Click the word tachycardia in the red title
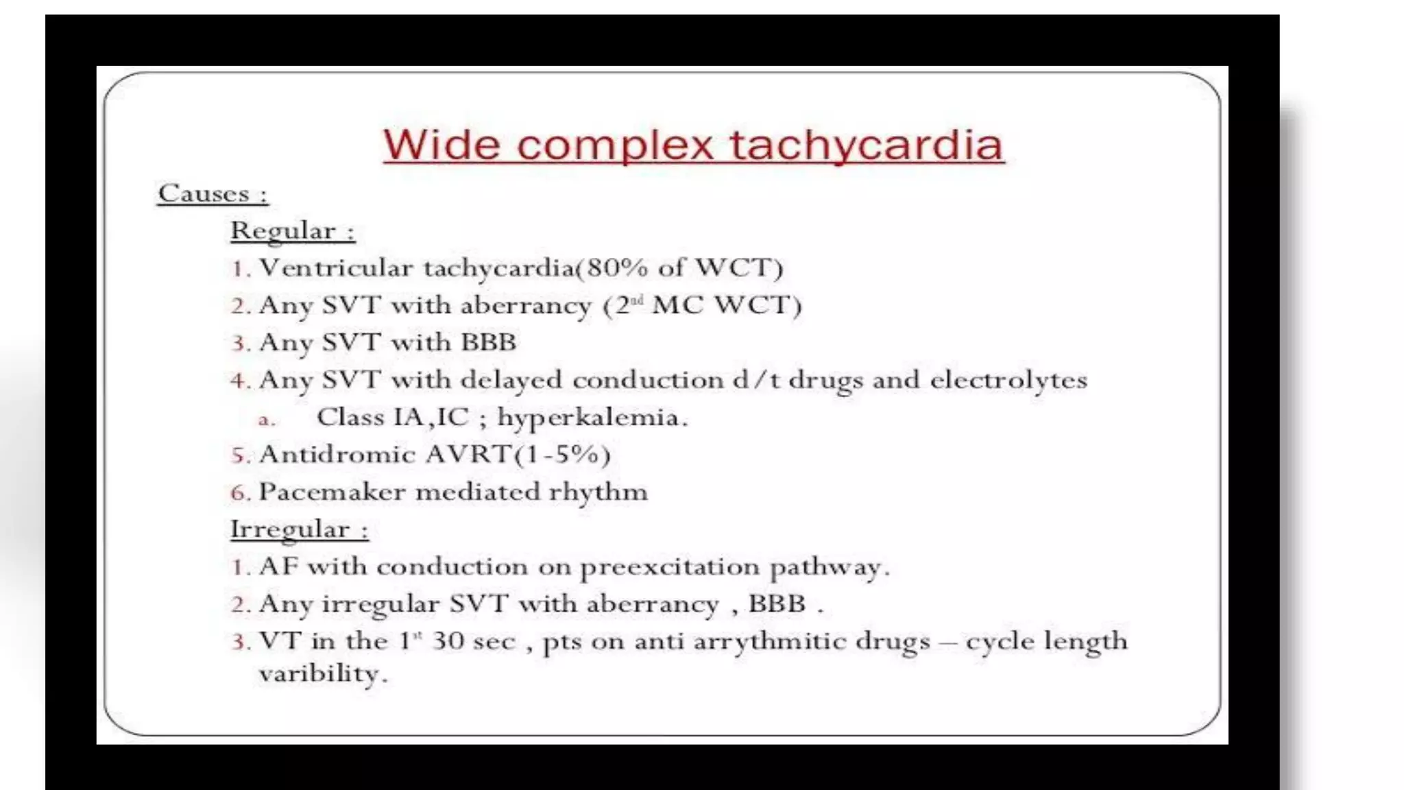tap(867, 145)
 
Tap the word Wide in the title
tap(441, 145)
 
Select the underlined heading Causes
tap(204, 193)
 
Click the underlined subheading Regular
tap(282, 231)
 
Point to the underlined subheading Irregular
tap(290, 529)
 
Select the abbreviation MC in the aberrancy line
tap(677, 305)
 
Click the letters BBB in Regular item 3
tap(488, 342)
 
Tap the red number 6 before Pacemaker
tap(238, 492)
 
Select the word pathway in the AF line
tap(828, 567)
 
